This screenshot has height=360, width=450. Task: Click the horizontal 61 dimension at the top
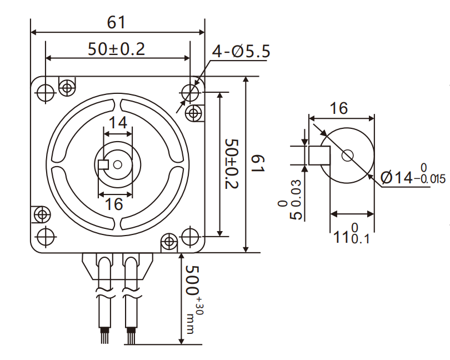coord(117,22)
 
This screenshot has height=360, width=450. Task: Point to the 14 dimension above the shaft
coord(117,122)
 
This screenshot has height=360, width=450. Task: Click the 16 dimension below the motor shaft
coord(114,204)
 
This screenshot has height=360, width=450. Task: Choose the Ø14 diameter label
coord(405,177)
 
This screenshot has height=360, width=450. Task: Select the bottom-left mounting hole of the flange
coord(44,235)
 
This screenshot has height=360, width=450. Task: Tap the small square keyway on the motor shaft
coord(103,164)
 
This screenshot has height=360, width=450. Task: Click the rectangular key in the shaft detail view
coord(319,156)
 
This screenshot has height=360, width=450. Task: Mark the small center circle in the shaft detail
coord(348,156)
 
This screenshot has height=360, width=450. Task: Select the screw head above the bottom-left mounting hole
coord(41,213)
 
